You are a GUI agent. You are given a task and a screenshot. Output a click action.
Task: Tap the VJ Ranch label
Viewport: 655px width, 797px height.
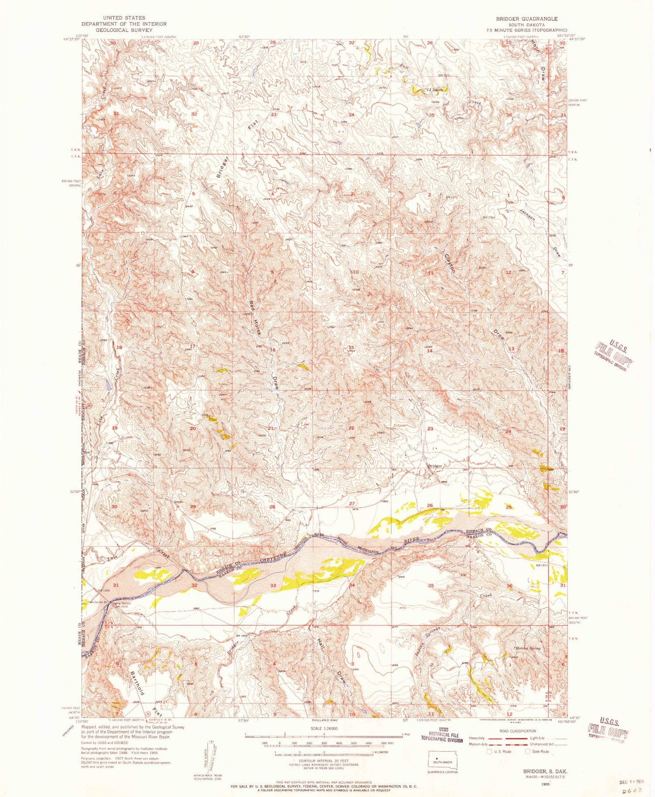435,90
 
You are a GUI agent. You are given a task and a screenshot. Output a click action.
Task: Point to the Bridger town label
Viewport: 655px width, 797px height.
435,466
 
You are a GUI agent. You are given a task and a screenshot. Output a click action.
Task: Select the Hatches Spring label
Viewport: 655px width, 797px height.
528,648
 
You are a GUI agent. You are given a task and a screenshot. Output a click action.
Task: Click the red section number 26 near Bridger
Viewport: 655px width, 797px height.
430,506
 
